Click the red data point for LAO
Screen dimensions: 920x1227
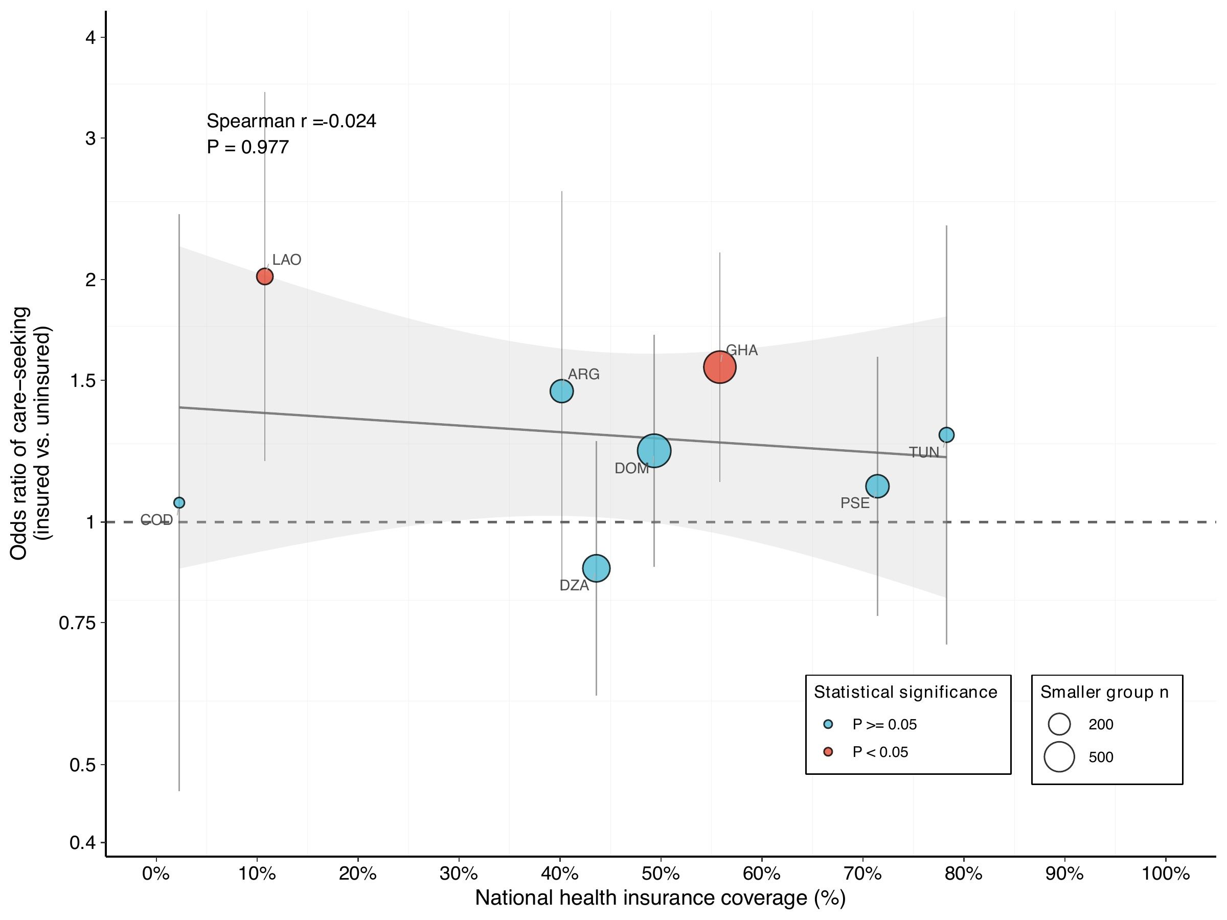tap(265, 276)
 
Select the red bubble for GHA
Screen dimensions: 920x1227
tap(719, 366)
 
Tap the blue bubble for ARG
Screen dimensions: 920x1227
tap(561, 391)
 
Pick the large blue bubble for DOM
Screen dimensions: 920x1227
tap(654, 451)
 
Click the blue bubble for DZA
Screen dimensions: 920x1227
tap(596, 568)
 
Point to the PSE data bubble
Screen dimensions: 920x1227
tap(877, 487)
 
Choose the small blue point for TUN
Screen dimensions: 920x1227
tap(946, 435)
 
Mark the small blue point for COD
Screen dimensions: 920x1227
tap(179, 502)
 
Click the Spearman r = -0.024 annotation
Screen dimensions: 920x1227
tap(291, 121)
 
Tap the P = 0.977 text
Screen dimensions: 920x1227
tap(247, 147)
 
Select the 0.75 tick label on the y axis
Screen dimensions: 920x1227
tap(77, 623)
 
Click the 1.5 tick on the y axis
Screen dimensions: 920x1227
tap(83, 380)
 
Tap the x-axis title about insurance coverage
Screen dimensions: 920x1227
tap(660, 899)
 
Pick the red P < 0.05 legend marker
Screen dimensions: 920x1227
tap(829, 752)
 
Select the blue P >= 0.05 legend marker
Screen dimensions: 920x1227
tap(829, 724)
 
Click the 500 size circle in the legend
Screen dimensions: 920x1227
tap(1059, 757)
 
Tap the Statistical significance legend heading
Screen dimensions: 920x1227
tap(905, 692)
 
